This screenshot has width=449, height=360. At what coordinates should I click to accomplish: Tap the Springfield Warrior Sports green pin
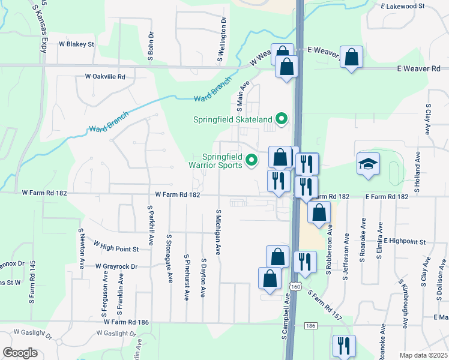[x=252, y=160]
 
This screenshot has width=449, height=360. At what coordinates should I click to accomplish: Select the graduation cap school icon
[x=368, y=164]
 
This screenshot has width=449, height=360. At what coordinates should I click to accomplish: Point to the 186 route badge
[x=310, y=326]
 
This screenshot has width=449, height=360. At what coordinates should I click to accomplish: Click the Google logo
[x=20, y=353]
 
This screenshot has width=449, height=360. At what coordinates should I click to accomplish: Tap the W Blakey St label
[x=76, y=44]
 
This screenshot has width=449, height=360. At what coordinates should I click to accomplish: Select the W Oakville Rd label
[x=105, y=77]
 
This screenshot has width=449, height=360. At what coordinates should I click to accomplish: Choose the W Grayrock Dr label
[x=116, y=266]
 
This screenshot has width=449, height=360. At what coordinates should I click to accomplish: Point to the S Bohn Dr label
[x=151, y=46]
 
